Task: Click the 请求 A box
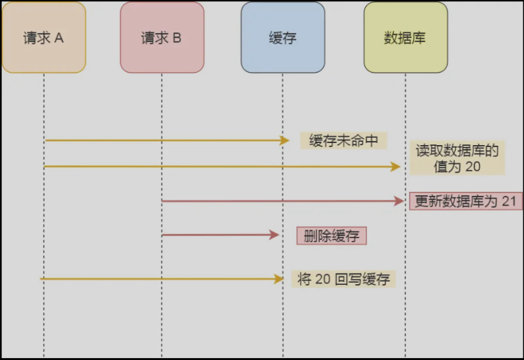(x=44, y=37)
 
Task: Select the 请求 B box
(x=161, y=37)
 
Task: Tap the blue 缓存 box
(x=283, y=37)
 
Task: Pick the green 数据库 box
(x=405, y=37)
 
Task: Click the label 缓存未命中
(x=343, y=140)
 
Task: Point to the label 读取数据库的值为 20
(x=457, y=158)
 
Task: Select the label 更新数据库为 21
(x=465, y=201)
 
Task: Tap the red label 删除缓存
(x=332, y=235)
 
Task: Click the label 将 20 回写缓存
(x=343, y=279)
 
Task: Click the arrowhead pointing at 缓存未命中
(x=285, y=140)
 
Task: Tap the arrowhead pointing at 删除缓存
(x=275, y=235)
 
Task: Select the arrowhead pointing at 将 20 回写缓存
(x=278, y=279)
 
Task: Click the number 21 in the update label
(x=508, y=201)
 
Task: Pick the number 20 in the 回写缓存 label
(x=322, y=279)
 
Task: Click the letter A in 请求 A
(x=59, y=38)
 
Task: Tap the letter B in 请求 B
(x=177, y=38)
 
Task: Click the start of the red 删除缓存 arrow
(x=162, y=235)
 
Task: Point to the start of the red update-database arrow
(x=162, y=201)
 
